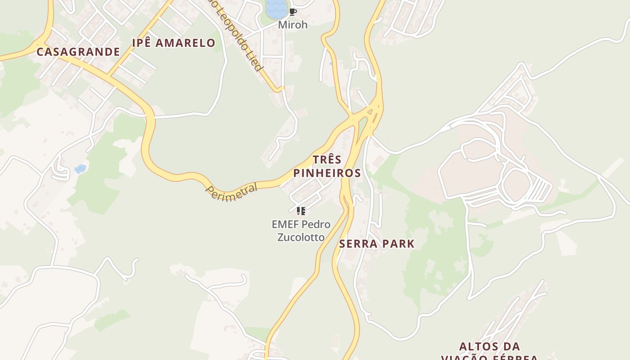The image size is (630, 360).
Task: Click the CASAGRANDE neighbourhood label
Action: pyautogui.click(x=78, y=52)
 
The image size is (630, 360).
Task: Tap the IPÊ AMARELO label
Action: pyautogui.click(x=174, y=43)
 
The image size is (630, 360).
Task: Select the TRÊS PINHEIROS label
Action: pyautogui.click(x=327, y=166)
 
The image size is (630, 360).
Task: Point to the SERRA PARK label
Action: pyautogui.click(x=377, y=244)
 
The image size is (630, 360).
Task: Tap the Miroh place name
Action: pyautogui.click(x=293, y=25)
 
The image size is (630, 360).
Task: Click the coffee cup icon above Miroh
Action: pyautogui.click(x=293, y=12)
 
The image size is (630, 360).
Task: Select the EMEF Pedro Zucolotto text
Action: pyautogui.click(x=301, y=230)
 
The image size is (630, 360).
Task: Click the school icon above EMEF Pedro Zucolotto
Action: pyautogui.click(x=301, y=211)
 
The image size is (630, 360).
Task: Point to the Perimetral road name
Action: pyautogui.click(x=232, y=192)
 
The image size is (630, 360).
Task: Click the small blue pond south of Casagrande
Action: pyautogui.click(x=80, y=169)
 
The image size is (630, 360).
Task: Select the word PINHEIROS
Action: pyautogui.click(x=327, y=173)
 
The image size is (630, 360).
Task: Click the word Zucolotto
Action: pyautogui.click(x=301, y=237)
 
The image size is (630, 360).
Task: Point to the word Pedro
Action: pyautogui.click(x=316, y=224)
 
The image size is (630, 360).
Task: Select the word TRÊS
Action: pyautogui.click(x=327, y=160)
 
